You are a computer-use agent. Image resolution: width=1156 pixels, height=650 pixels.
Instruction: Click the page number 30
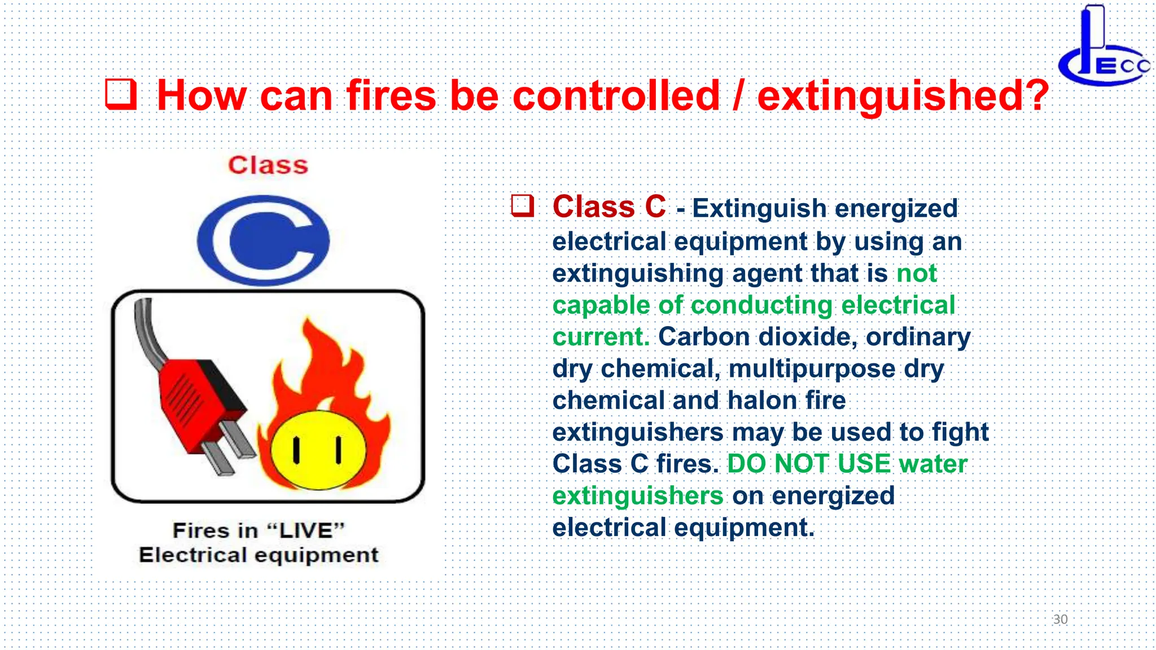point(1060,620)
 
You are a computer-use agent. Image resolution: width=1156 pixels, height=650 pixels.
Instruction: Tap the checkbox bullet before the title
point(121,94)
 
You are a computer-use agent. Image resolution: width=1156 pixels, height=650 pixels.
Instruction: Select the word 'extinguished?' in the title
point(902,95)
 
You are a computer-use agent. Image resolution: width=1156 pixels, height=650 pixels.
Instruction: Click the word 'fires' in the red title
point(391,95)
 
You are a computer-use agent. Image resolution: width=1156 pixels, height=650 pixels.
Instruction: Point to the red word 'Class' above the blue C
point(268,165)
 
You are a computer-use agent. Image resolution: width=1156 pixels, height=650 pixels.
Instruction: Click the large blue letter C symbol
point(263,240)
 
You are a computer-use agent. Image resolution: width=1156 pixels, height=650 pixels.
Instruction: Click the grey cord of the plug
point(148,333)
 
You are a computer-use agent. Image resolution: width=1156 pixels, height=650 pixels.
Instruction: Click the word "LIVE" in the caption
point(305,530)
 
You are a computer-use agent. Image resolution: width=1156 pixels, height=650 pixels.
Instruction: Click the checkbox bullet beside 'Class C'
point(522,206)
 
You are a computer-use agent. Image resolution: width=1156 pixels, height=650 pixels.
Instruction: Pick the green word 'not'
point(917,274)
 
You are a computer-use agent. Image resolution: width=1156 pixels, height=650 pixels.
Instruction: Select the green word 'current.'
point(601,337)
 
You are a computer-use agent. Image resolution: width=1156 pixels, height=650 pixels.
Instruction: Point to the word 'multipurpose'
point(812,369)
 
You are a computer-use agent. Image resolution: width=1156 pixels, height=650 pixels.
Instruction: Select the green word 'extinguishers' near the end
point(637,496)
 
